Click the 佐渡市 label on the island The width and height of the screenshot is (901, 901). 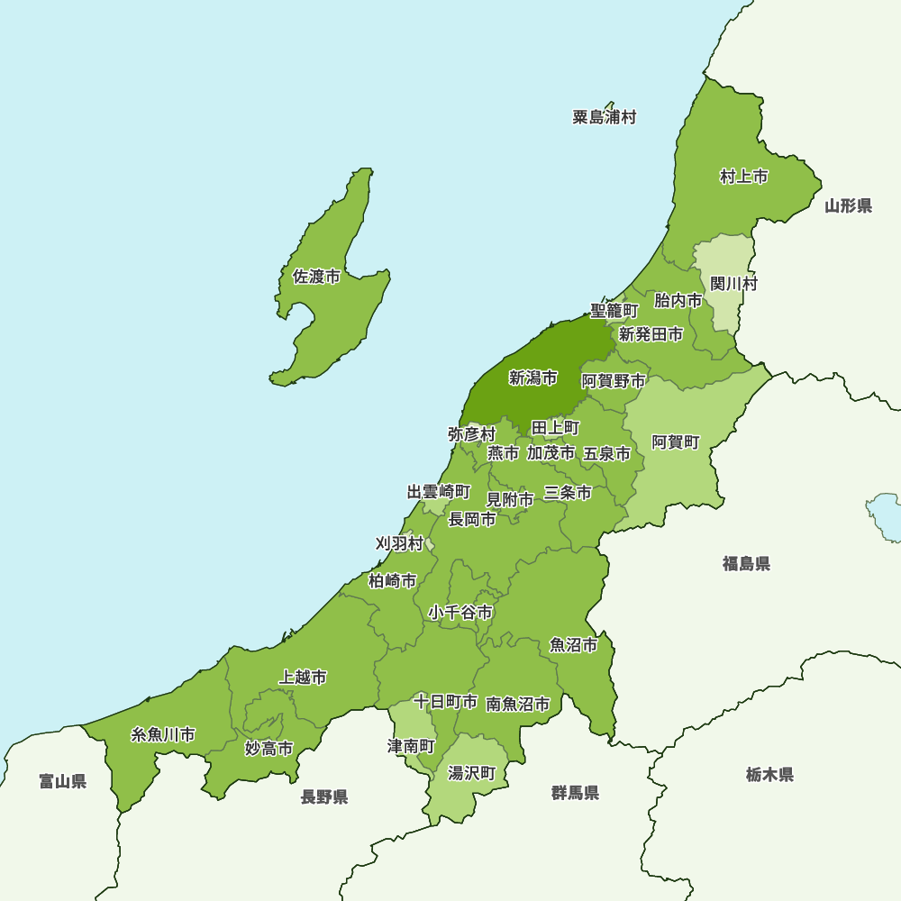tap(316, 277)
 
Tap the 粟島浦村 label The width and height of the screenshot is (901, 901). tap(605, 117)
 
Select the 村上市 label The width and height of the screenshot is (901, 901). tap(744, 177)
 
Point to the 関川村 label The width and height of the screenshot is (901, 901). tap(733, 284)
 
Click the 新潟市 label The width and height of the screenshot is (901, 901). tap(532, 378)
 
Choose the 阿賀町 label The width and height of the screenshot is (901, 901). tap(675, 442)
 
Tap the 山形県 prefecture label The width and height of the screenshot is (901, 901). tap(848, 206)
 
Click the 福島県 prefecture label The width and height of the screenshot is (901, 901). tap(746, 564)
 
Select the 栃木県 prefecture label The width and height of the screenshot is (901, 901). tap(769, 774)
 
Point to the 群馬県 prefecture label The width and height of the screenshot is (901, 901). tap(576, 793)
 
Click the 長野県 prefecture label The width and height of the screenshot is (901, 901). tap(324, 796)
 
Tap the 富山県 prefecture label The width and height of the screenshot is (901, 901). tap(63, 781)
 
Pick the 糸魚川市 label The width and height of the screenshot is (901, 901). tap(163, 734)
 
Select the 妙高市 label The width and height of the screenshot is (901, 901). tap(268, 748)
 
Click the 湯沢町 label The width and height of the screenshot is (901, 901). tap(472, 773)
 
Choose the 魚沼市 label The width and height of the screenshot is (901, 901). tap(574, 645)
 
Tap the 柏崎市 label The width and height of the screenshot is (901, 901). tap(393, 581)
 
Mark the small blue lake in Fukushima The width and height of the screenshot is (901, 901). tap(885, 515)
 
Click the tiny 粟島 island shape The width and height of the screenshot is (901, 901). tap(610, 105)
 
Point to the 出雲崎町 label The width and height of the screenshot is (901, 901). tap(439, 492)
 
